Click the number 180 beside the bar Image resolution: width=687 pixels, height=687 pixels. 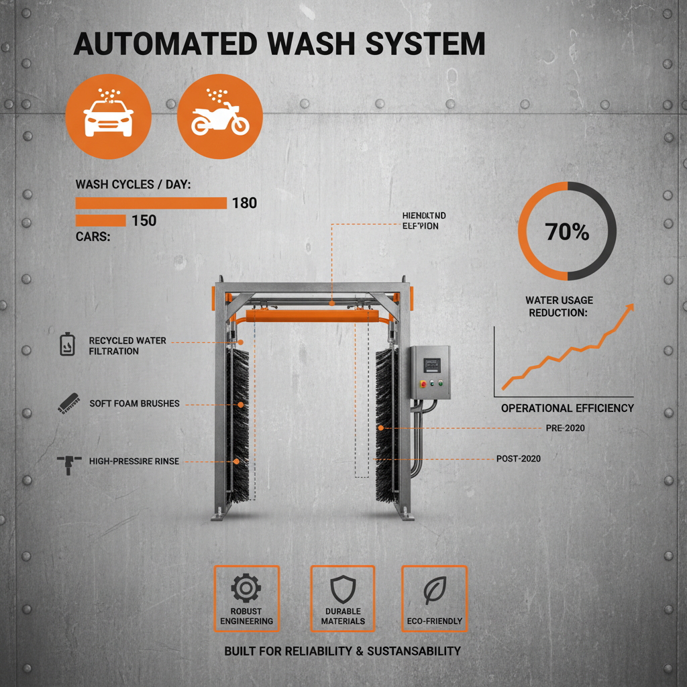(x=244, y=203)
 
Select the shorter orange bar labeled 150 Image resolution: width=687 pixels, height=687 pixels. (x=101, y=220)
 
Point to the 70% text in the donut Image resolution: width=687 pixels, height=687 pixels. (x=567, y=232)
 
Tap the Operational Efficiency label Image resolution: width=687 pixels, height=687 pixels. (x=567, y=408)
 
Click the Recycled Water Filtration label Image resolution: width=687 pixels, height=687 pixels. (x=127, y=346)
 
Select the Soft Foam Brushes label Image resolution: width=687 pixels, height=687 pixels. (x=134, y=404)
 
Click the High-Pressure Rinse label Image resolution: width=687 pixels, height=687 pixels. (x=134, y=461)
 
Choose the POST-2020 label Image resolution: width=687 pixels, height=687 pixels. (x=518, y=458)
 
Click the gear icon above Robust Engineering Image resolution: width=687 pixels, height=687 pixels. (x=246, y=588)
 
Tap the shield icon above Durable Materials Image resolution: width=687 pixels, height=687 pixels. (x=342, y=588)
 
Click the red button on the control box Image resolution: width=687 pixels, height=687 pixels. (x=421, y=383)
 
